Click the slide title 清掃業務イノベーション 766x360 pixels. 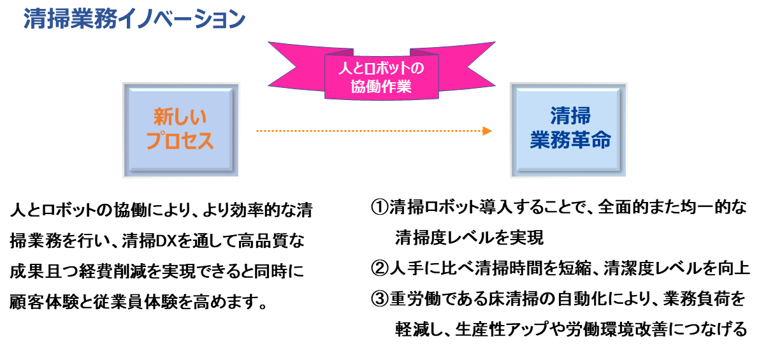tap(134, 20)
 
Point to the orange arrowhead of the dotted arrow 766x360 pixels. tap(488, 131)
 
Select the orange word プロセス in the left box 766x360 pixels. tap(180, 141)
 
